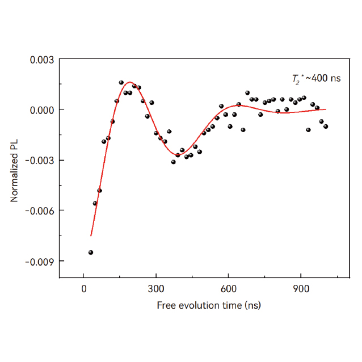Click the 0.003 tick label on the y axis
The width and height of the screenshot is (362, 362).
click(42, 59)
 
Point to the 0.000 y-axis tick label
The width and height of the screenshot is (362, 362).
click(42, 110)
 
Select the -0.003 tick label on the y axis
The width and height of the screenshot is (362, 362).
click(40, 160)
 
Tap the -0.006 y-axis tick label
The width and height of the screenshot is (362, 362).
click(40, 211)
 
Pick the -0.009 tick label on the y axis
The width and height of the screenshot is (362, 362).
click(40, 261)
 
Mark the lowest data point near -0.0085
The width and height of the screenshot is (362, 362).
click(91, 252)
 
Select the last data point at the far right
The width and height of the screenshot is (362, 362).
click(326, 127)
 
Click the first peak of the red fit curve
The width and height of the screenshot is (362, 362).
click(130, 82)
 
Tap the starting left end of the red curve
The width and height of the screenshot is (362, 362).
click(91, 235)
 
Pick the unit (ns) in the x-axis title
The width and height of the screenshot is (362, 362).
click(252, 305)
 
